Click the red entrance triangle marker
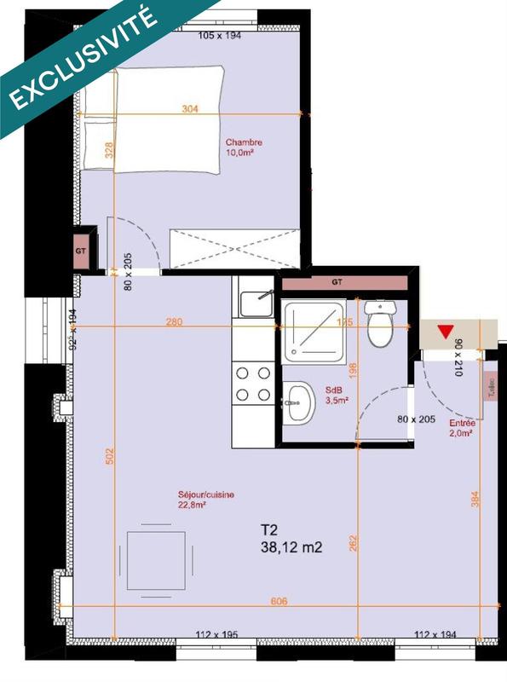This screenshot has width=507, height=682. (444, 332)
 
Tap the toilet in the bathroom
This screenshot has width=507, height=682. (377, 324)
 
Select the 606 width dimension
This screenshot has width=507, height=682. (279, 602)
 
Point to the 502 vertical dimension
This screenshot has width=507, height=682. (109, 456)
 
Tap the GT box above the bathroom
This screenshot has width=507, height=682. (337, 280)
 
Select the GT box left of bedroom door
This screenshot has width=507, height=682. (82, 251)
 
